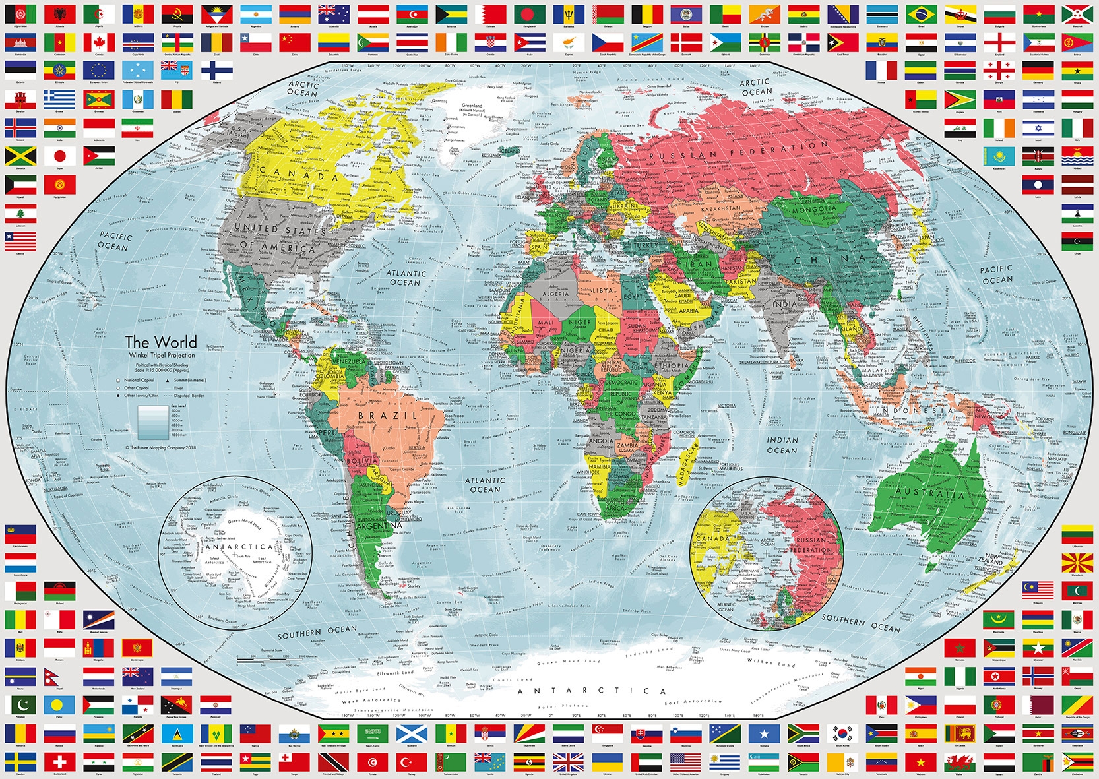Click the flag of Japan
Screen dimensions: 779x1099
click(60, 156)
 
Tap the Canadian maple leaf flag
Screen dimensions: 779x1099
click(99, 43)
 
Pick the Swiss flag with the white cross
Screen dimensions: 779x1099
click(60, 761)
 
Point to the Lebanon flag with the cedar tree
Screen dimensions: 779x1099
click(20, 213)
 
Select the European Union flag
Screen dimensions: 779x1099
click(99, 70)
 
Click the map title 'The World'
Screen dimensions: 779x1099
click(161, 342)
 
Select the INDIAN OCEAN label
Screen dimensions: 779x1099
click(782, 445)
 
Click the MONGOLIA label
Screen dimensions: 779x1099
click(814, 210)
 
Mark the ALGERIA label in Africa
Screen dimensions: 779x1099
click(555, 294)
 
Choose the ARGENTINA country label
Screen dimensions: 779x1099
click(378, 526)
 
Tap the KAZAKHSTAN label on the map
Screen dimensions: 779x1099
click(720, 209)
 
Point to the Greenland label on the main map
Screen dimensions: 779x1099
click(472, 106)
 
